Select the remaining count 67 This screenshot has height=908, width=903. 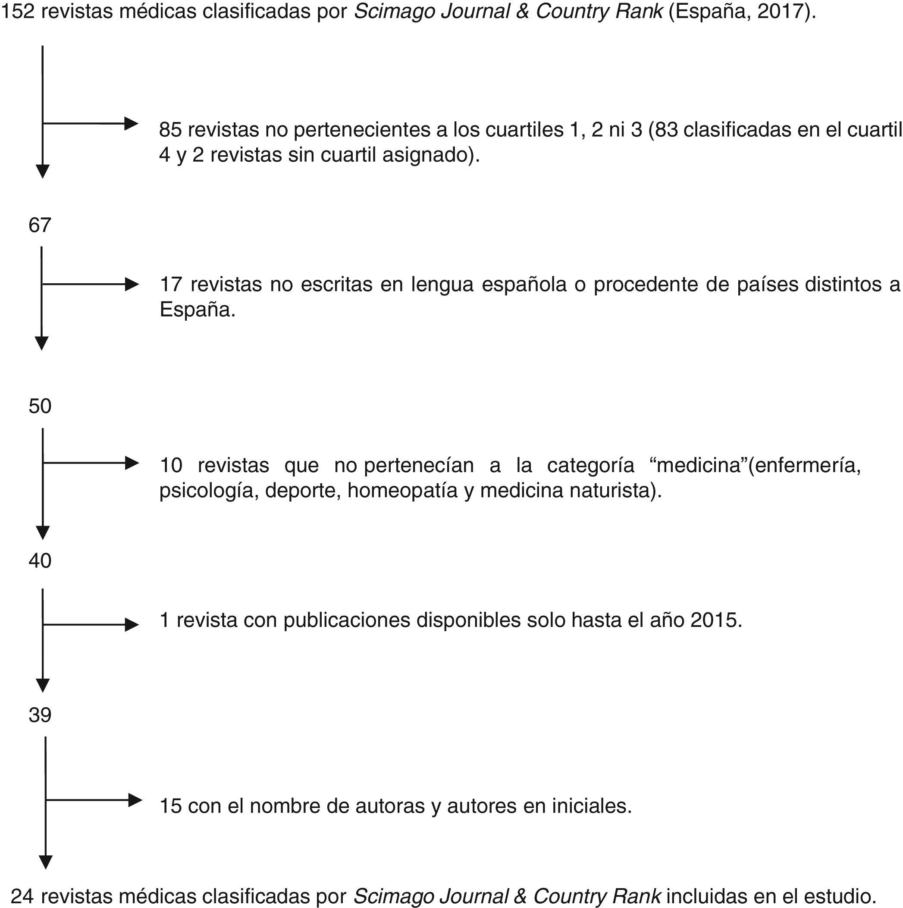click(40, 225)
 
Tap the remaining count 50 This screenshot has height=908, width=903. click(40, 406)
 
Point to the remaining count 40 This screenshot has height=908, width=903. click(40, 560)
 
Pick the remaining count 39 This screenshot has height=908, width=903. click(40, 715)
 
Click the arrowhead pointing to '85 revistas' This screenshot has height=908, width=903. click(131, 124)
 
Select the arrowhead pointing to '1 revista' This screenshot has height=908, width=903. click(132, 625)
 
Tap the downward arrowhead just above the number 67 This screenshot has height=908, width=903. click(43, 172)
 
